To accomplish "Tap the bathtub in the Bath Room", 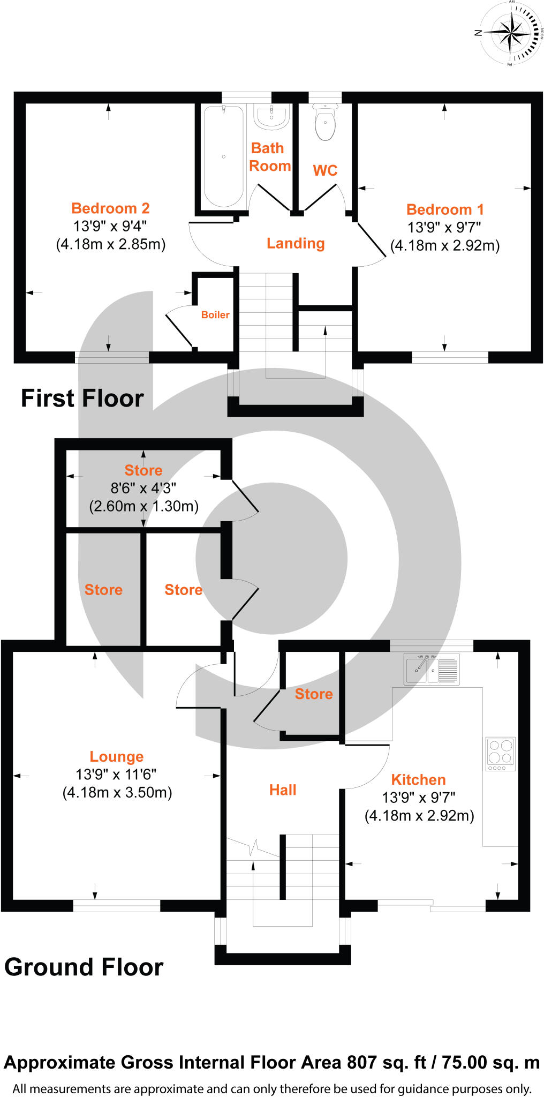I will [223, 156].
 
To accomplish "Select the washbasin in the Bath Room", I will [271, 117].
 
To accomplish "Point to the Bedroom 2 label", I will [110, 208].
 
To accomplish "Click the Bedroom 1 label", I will [445, 209].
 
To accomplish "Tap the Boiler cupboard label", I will [215, 315].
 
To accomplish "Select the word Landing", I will [296, 244].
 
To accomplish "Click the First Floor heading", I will [82, 399].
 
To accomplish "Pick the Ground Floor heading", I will [84, 967].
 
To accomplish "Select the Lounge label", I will [117, 756].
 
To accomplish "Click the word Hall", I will [283, 790].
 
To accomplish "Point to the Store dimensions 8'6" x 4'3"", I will [143, 489].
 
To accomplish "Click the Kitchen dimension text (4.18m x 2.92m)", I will [419, 816].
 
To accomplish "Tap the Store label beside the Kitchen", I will [314, 694].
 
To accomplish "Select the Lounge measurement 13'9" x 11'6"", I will [116, 775].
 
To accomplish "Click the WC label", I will [325, 170].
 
